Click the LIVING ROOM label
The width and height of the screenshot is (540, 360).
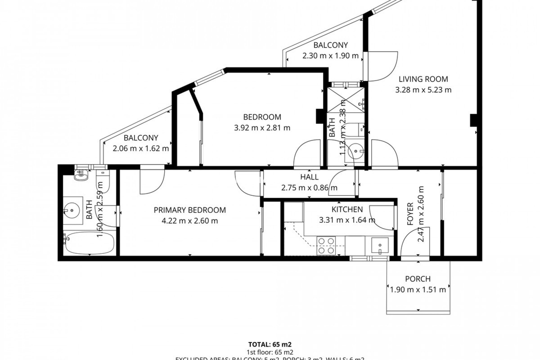coord(423,79)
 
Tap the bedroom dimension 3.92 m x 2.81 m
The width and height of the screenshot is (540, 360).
coord(262,128)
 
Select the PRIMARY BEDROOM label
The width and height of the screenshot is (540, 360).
coord(190,210)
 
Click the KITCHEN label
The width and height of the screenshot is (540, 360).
coord(347,210)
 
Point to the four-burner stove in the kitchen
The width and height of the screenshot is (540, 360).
coord(326,246)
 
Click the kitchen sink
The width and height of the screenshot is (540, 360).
coord(380,246)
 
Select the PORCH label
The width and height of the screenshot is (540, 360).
coord(418,279)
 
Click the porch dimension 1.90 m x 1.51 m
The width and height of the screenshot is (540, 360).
coord(418,289)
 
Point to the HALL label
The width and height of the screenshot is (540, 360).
coord(309,177)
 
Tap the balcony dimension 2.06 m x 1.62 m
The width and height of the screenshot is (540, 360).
coord(141,148)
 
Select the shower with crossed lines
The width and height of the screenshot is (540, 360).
coord(346,100)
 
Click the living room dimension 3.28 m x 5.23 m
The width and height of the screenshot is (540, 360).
coord(423,90)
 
